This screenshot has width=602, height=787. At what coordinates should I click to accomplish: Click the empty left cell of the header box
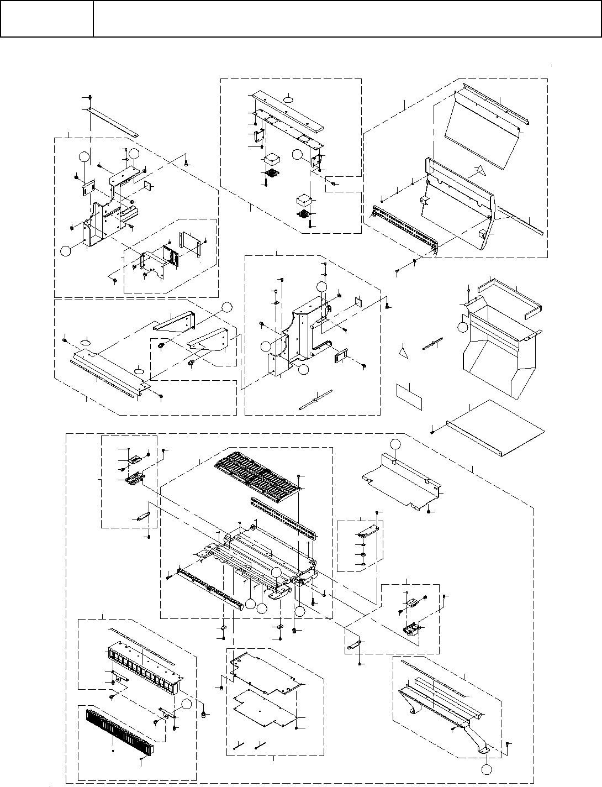[46, 18]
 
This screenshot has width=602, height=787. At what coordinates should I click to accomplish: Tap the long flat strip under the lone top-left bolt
[113, 122]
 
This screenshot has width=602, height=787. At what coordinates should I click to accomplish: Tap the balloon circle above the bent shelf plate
[395, 443]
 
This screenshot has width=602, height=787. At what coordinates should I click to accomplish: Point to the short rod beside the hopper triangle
[434, 343]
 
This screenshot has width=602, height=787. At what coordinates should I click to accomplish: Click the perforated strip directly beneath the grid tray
[284, 517]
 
